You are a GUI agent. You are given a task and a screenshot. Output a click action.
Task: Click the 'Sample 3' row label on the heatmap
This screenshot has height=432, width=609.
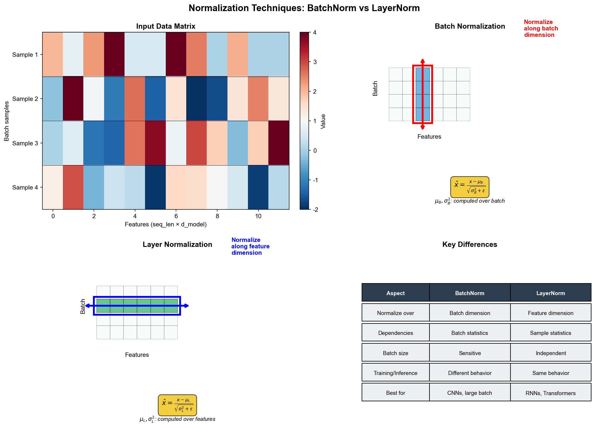(25, 143)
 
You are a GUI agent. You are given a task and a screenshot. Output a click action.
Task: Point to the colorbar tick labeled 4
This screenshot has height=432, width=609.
(315, 32)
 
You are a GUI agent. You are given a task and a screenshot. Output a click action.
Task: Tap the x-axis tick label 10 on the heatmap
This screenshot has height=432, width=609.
(258, 216)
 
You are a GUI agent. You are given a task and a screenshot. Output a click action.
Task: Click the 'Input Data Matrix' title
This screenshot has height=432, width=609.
(165, 26)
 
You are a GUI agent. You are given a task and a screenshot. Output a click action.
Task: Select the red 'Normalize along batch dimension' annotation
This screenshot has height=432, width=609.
(541, 28)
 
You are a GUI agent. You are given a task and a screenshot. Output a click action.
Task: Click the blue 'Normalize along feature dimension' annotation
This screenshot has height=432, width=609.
(250, 246)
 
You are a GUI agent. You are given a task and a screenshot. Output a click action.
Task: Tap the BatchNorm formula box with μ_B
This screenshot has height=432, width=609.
(470, 187)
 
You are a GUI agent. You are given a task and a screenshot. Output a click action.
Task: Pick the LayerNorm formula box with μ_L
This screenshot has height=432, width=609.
(177, 405)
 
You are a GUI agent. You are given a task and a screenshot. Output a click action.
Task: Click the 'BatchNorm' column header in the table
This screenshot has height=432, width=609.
(470, 293)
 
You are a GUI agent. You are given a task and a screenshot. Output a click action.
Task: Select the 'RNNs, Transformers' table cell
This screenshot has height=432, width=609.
(551, 393)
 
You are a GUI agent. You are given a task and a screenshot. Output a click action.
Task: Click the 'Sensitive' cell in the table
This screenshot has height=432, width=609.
(470, 353)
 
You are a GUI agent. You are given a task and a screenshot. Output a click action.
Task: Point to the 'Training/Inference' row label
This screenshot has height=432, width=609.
(395, 373)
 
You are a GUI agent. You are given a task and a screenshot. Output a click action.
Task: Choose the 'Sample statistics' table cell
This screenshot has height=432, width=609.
(551, 333)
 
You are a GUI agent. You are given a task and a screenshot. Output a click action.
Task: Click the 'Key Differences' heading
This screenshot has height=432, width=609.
(470, 245)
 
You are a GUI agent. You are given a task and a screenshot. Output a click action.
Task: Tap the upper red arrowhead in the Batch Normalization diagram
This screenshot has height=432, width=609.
(422, 61)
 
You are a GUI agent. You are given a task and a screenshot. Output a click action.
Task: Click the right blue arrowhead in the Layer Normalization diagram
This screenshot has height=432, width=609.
(187, 306)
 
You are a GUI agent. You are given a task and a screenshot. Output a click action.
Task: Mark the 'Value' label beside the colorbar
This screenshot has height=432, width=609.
(323, 121)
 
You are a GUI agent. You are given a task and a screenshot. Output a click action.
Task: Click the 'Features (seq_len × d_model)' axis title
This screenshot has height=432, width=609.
(165, 224)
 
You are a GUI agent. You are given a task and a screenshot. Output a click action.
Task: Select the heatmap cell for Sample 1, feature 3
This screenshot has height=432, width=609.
(114, 54)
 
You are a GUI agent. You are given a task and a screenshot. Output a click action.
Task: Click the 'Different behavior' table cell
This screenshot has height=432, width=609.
(470, 373)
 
